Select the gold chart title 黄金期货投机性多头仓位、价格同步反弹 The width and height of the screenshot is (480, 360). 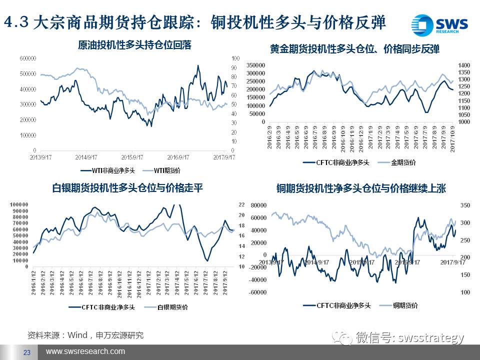pos(354,49)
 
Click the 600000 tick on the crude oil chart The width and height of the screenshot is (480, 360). pos(28,58)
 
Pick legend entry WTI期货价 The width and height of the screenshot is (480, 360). pos(165,170)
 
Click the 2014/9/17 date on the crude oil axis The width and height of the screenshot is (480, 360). pos(85,156)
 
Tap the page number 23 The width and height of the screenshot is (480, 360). pos(27,352)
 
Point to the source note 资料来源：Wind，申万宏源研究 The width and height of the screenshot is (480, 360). pos(85,335)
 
